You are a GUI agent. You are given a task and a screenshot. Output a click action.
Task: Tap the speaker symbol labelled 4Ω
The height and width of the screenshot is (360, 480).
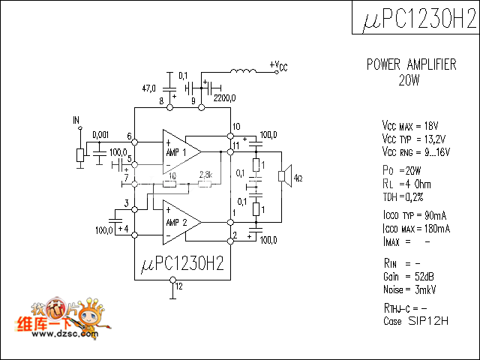pyautogui.click(x=284, y=177)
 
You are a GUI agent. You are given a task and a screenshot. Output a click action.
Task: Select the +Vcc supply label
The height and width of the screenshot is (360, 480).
pyautogui.click(x=278, y=66)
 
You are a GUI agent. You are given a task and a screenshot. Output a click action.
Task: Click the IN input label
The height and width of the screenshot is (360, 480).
pyautogui.click(x=76, y=120)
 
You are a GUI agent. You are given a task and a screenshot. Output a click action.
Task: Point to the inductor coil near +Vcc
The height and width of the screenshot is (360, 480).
pyautogui.click(x=241, y=73)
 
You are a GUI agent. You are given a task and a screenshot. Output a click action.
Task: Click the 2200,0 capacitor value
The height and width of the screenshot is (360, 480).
pyautogui.click(x=224, y=97)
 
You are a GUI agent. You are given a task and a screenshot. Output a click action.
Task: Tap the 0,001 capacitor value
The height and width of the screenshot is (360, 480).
pyautogui.click(x=100, y=135)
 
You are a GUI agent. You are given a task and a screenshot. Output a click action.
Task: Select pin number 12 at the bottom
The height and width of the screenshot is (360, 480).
pyautogui.click(x=178, y=286)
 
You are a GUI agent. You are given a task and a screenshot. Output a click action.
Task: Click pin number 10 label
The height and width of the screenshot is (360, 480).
pyautogui.click(x=236, y=126)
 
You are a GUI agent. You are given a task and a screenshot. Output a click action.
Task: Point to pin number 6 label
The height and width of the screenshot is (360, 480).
pyautogui.click(x=130, y=137)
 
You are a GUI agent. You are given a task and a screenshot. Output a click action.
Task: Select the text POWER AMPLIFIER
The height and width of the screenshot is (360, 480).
pyautogui.click(x=411, y=65)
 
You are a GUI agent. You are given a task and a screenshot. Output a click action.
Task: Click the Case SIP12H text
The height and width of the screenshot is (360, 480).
pyautogui.click(x=415, y=321)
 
